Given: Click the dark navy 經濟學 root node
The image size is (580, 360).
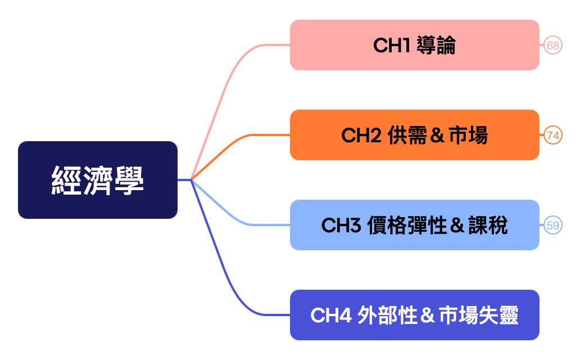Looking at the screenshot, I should tap(98, 180).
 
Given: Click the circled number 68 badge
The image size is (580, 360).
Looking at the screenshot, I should tap(553, 46).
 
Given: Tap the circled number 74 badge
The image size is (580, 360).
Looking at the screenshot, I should tap(553, 136).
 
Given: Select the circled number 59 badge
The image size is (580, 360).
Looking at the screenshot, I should tap(553, 226).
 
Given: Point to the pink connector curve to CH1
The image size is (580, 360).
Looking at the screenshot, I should tap(225, 84).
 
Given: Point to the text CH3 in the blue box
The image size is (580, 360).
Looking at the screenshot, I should tap(341, 226).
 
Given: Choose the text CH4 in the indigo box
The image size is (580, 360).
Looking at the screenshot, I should tap(330, 316).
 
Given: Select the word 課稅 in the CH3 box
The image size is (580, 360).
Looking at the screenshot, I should tap(488, 226).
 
